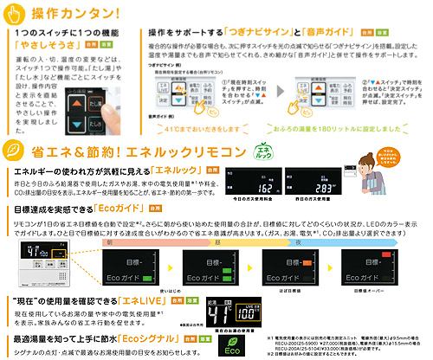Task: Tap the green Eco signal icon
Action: click(x=231, y=341)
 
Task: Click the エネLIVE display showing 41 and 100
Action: click(x=231, y=287)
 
